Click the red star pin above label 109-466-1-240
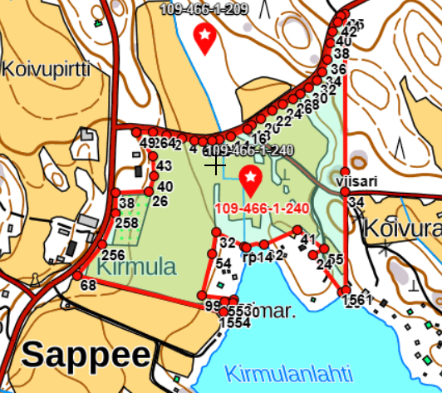(x=250, y=178)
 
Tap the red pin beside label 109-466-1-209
(x=204, y=37)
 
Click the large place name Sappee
(x=86, y=355)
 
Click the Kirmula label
(x=137, y=267)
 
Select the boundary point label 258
(x=126, y=223)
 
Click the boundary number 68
(x=88, y=285)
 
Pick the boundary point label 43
(x=164, y=166)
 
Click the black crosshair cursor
(x=215, y=165)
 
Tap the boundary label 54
(x=223, y=263)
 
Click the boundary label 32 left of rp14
(x=227, y=243)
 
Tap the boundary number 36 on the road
(x=338, y=69)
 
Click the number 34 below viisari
(x=356, y=202)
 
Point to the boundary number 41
(x=308, y=240)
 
